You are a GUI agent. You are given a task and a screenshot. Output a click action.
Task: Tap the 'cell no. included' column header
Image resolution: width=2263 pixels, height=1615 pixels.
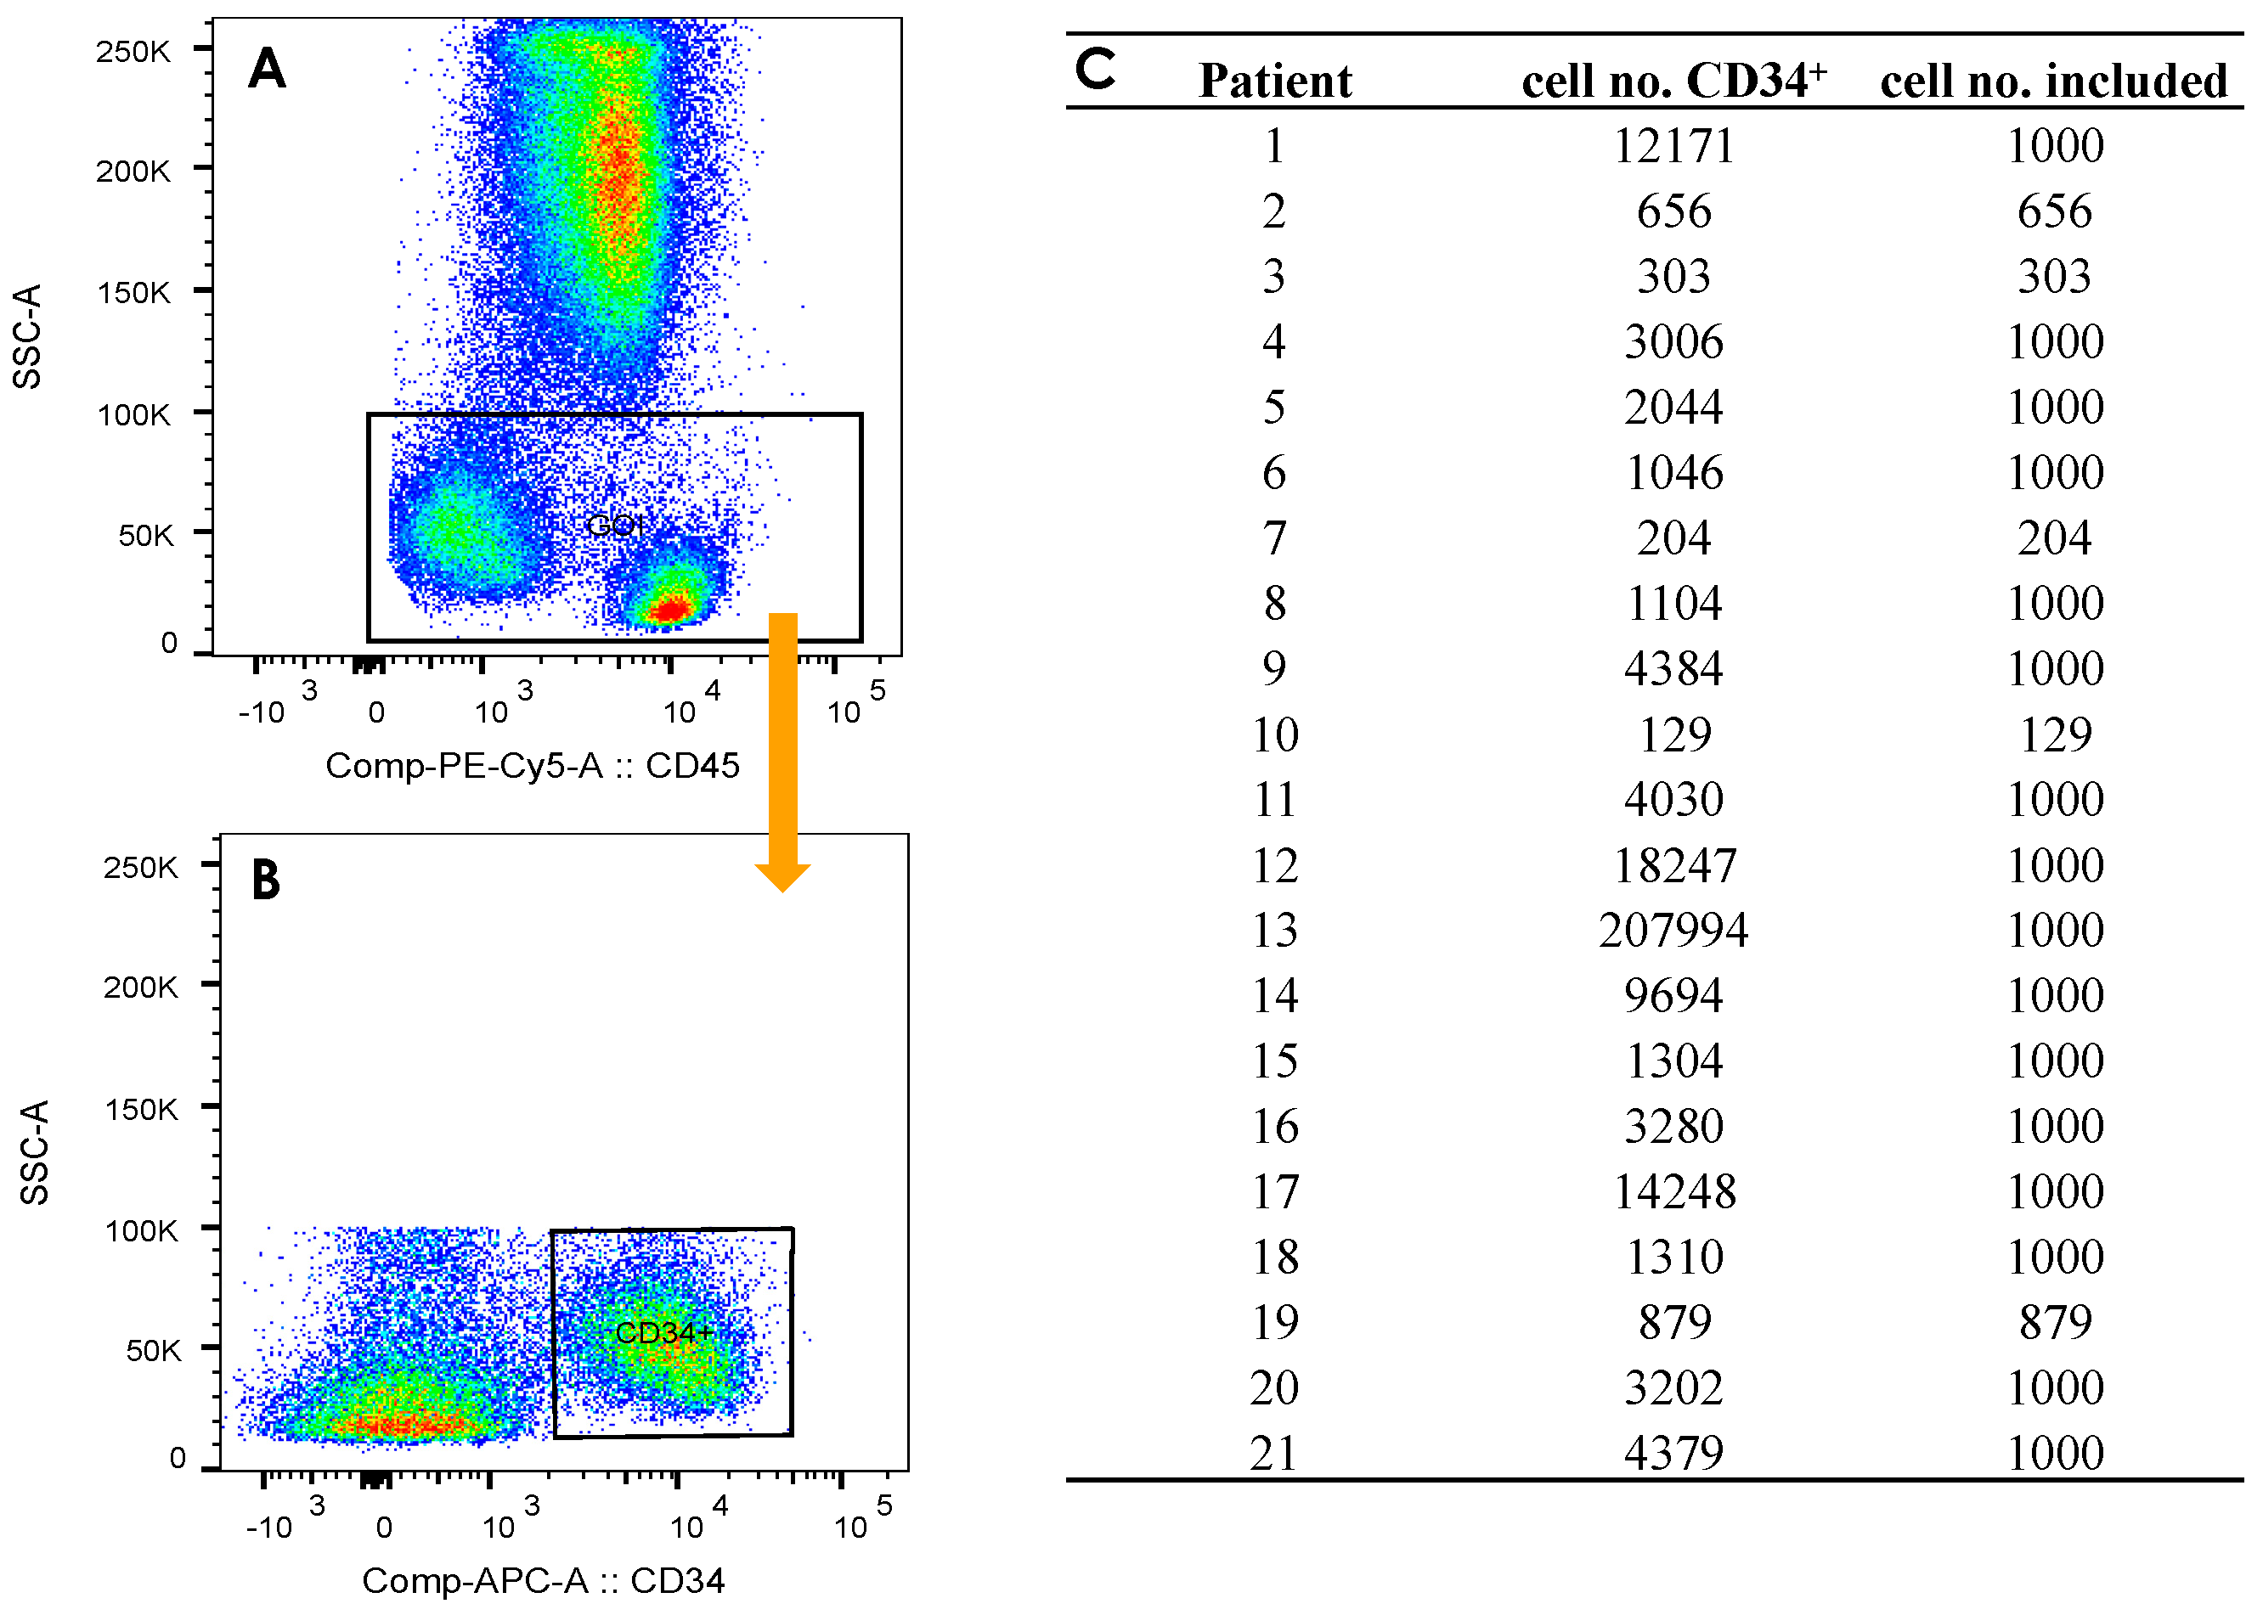click(2053, 81)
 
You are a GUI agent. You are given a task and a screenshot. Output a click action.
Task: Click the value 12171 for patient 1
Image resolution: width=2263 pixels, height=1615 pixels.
click(1673, 146)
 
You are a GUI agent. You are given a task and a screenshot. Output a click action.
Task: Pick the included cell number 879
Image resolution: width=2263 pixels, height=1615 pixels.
click(2054, 1323)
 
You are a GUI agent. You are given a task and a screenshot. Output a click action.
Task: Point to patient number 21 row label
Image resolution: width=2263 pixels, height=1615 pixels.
click(1274, 1454)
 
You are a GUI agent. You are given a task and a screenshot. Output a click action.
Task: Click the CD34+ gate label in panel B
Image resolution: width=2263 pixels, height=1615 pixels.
click(663, 1332)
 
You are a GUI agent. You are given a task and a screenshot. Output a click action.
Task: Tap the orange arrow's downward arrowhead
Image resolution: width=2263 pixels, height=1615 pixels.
click(783, 876)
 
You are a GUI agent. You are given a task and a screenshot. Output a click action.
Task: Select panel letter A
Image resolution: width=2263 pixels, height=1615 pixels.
click(267, 70)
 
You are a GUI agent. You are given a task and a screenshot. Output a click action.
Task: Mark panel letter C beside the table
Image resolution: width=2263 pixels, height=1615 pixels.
click(1095, 70)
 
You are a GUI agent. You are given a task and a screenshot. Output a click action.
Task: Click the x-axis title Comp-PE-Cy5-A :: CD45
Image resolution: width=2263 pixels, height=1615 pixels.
click(532, 766)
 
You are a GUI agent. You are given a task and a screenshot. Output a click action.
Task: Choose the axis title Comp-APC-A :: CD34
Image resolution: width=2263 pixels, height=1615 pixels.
click(543, 1580)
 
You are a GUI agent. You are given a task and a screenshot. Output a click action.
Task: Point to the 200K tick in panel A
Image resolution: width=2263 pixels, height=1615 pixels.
click(133, 171)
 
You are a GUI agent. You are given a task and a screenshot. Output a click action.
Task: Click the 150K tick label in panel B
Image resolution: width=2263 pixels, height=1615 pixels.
click(141, 1109)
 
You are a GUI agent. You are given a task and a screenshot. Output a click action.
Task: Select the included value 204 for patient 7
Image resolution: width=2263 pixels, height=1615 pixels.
click(2054, 538)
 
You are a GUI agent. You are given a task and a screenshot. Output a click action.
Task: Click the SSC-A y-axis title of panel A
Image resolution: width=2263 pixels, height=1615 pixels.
click(28, 336)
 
